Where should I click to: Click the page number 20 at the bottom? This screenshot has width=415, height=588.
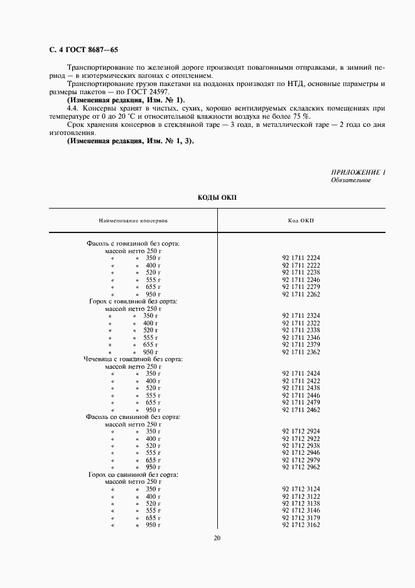pyautogui.click(x=217, y=538)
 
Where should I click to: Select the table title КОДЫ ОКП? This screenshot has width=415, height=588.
pyautogui.click(x=217, y=197)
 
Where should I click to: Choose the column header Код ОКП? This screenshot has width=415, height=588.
pyautogui.click(x=301, y=221)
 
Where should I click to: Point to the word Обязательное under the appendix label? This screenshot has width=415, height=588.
pyautogui.click(x=351, y=180)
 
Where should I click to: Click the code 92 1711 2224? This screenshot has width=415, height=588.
pyautogui.click(x=301, y=258)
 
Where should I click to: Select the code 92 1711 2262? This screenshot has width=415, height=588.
pyautogui.click(x=301, y=294)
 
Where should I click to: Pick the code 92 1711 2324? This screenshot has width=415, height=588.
pyautogui.click(x=301, y=315)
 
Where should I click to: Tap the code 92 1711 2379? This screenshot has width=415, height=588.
pyautogui.click(x=301, y=344)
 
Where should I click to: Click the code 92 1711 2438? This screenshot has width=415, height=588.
pyautogui.click(x=301, y=388)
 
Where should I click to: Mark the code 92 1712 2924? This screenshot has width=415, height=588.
pyautogui.click(x=301, y=431)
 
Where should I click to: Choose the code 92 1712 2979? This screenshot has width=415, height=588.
pyautogui.click(x=301, y=460)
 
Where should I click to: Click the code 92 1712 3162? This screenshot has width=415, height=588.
pyautogui.click(x=301, y=525)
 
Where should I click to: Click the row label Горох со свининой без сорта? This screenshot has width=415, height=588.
pyautogui.click(x=133, y=474)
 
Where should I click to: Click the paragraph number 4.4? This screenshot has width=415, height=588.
pyautogui.click(x=72, y=109)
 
